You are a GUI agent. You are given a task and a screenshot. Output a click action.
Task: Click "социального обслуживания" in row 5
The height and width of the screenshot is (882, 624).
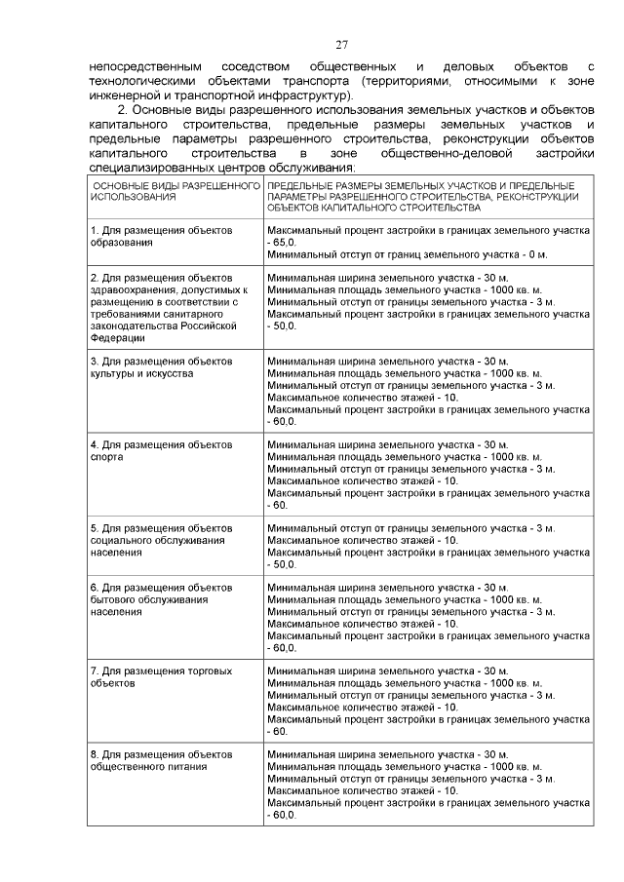tap(157, 539)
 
